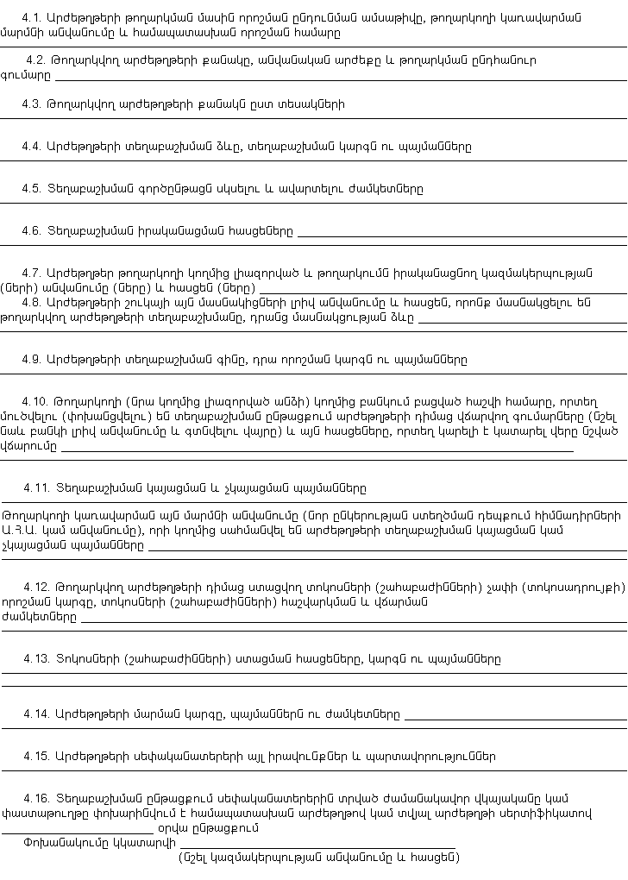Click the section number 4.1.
[32, 17]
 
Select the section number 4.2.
[35, 60]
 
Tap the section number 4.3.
[32, 104]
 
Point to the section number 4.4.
[32, 147]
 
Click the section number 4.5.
[32, 188]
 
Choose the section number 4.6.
[32, 230]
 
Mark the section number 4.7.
[32, 273]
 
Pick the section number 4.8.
[32, 302]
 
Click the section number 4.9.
[32, 359]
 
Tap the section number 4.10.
[35, 401]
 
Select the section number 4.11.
[35, 488]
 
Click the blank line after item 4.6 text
[462, 234]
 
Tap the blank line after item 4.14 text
[515, 717]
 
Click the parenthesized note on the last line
[319, 858]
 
